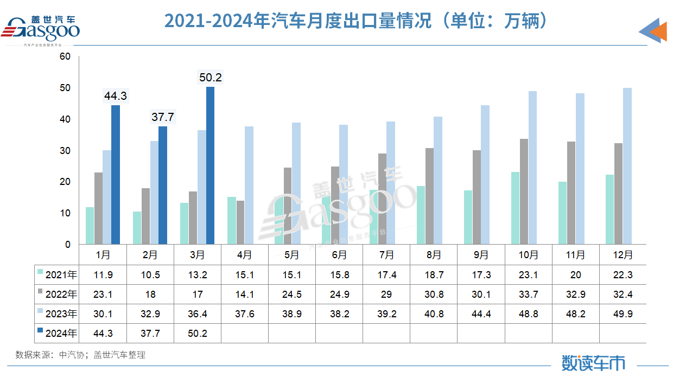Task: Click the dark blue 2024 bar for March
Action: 211,165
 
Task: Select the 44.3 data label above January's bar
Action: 115,96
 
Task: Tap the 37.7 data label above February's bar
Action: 163,117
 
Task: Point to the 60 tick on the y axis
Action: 65,56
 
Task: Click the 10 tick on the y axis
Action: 65,213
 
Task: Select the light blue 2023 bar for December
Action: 627,166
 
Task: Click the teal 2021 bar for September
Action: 468,217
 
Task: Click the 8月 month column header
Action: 434,254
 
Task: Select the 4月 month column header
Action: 244,254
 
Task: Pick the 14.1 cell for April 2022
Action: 244,295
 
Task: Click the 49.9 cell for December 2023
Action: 623,314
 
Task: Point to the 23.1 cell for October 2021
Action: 528,275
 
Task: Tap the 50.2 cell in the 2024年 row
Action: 198,334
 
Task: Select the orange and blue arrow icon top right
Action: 653,31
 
